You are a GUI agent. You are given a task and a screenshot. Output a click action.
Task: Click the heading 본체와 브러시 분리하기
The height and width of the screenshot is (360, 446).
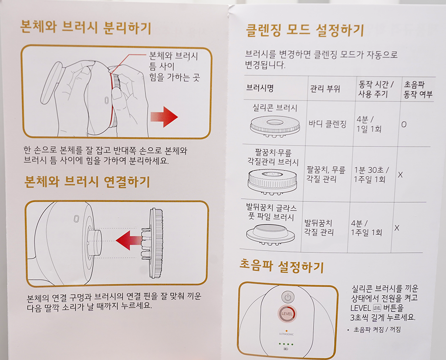coord(86,27)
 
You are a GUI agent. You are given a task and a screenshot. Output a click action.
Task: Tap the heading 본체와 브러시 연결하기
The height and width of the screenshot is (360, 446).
coord(87,182)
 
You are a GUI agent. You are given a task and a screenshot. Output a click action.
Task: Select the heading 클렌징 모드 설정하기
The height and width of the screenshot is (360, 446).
coord(304,31)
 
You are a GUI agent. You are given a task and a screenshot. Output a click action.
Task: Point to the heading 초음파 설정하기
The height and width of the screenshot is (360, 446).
coord(282,266)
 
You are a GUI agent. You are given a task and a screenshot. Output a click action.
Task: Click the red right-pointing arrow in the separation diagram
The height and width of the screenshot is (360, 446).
coord(164,117)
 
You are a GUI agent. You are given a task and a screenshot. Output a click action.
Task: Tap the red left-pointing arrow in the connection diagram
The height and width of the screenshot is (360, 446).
coord(129,240)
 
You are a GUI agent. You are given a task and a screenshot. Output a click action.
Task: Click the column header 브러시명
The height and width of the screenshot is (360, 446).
coord(260,88)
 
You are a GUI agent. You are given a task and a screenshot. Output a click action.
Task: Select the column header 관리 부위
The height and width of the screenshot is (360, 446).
coord(325,89)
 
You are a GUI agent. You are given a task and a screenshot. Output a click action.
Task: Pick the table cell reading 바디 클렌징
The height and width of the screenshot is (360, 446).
coord(328,124)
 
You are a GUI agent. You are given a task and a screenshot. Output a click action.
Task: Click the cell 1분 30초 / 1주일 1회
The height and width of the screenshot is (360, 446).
coord(371,174)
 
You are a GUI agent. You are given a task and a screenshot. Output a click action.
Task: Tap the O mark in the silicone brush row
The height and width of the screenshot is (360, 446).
coord(404,125)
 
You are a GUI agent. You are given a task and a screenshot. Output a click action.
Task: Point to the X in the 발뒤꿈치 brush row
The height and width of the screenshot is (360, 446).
coord(397,228)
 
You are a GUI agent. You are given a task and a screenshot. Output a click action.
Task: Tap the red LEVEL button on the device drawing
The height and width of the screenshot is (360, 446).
coord(287,314)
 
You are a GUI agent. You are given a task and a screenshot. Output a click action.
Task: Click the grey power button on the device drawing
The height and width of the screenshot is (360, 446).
coord(288,297)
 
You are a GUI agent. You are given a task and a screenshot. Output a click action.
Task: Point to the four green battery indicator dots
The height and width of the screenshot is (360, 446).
coord(286,344)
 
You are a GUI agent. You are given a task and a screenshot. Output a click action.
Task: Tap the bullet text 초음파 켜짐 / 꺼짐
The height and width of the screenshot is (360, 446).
coord(377,329)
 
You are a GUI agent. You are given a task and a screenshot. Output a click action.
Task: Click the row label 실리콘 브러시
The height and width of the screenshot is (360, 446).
coord(275,108)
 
